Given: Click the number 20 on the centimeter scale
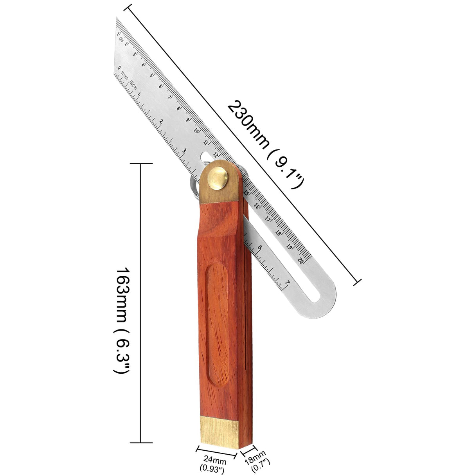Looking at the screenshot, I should point(300,260).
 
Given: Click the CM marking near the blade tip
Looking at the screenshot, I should point(122,38).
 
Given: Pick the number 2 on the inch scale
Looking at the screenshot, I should point(161,122).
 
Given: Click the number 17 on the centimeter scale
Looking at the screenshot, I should point(268,219).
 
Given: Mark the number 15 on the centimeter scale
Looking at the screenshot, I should point(246,193).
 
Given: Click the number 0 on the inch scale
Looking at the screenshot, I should point(119,67).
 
